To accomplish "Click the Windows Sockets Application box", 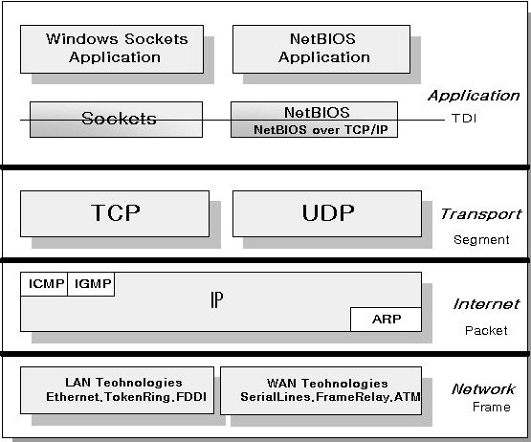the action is pos(112,49).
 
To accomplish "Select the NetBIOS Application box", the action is pos(321,49).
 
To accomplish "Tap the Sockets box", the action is pos(116,120).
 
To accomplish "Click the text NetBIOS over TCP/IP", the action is pos(321,130).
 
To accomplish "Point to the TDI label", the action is pos(464,119).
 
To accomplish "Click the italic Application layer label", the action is pos(474,96).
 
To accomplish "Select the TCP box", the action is pos(115,213).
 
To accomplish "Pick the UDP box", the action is pos(327,213).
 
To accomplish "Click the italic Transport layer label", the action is pos(481,214).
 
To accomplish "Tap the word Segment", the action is pos(481,240).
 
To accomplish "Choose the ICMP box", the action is pos(44,284).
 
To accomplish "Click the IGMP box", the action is pos(91,284).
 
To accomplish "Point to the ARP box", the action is pos(387,320).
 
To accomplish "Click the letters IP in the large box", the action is pos(217,299).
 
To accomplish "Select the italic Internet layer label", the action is pos(486,304).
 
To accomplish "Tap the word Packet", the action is pos(486,331).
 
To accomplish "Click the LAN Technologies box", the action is pos(117,390).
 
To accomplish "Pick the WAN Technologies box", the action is pos(321,390).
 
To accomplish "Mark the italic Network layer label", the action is pos(483,389).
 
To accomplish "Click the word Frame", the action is pos(492,408).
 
